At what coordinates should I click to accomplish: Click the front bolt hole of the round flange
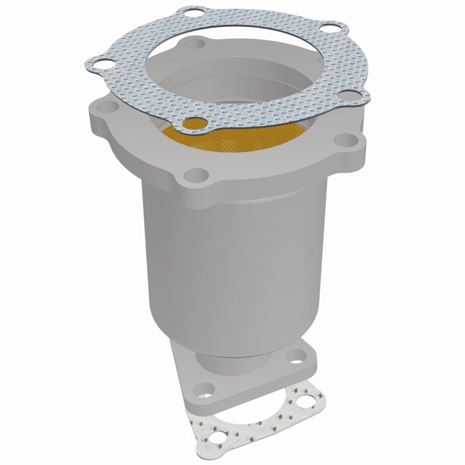(198, 174)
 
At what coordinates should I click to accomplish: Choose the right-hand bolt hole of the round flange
(347, 139)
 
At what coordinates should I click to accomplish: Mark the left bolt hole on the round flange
(106, 108)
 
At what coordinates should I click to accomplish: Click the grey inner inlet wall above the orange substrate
(233, 87)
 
